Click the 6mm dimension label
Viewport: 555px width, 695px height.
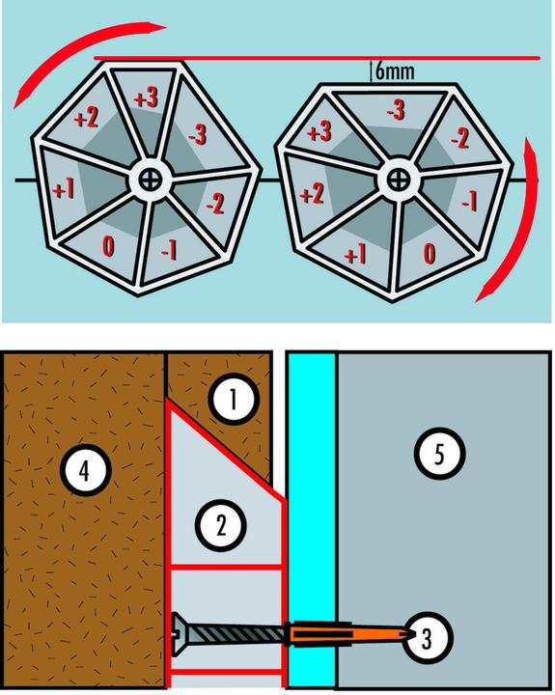395,70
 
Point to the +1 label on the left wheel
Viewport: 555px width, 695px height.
64,190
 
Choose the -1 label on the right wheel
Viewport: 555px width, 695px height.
469,202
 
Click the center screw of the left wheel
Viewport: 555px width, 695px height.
150,180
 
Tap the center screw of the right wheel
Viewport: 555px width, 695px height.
398,180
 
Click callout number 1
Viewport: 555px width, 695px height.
234,399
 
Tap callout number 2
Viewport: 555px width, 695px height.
220,525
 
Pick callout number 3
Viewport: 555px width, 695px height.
426,638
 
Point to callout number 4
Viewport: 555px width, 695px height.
85,470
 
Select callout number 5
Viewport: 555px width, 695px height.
439,453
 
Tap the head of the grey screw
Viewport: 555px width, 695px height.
180,634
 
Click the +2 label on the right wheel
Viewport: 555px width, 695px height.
312,194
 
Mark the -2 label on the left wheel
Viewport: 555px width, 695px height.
216,205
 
